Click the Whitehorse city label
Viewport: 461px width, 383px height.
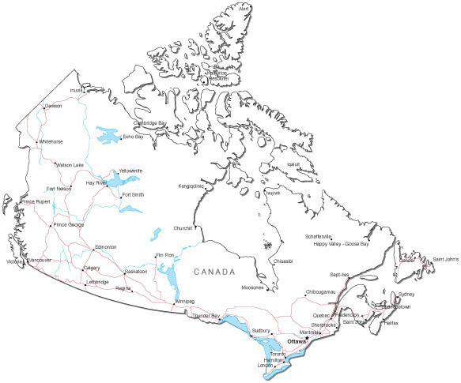[x=51, y=142]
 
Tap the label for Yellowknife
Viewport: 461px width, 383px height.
[x=130, y=171]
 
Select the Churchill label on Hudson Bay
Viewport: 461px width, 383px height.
[x=183, y=229]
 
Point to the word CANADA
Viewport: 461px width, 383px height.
[x=215, y=272]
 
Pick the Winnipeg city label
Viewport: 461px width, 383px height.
[x=184, y=302]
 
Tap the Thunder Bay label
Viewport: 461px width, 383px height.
[x=206, y=316]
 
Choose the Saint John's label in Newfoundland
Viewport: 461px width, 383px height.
[x=445, y=259]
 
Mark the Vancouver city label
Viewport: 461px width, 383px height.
[x=39, y=260]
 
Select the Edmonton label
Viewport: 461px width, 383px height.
[x=105, y=247]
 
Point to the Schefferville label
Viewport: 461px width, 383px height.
[x=319, y=237]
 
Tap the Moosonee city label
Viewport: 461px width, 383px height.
[x=253, y=287]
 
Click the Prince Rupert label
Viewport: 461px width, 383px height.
[x=37, y=202]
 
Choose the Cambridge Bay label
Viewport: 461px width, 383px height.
[x=149, y=123]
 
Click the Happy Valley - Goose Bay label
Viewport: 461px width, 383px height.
[x=342, y=244]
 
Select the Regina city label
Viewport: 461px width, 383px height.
[x=123, y=288]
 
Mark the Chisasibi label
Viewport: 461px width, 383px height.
[x=283, y=261]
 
